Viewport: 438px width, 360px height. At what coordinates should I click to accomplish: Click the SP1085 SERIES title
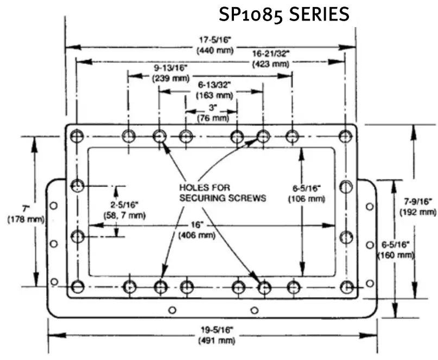pos(284,15)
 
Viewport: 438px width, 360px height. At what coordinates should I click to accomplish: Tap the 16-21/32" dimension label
pos(271,54)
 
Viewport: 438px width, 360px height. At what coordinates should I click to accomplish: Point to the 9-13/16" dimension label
pos(171,69)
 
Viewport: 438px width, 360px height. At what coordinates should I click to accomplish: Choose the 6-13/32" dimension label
pos(214,85)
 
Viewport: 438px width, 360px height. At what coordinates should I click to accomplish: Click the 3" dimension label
pos(212,107)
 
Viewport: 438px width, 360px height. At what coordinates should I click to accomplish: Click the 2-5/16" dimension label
pos(124,204)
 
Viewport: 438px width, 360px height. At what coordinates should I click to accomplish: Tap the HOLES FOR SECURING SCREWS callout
pos(222,192)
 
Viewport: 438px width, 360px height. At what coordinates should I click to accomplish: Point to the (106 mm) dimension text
pos(306,199)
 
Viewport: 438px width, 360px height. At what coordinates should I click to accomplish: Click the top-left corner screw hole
pos(77,135)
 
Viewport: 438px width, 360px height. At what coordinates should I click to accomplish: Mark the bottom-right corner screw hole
pos(346,286)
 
